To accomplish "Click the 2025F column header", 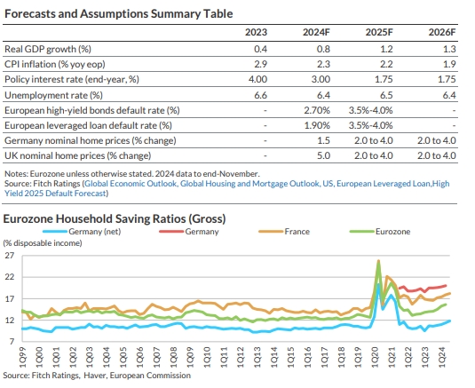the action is [379, 32].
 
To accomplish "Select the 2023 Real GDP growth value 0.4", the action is [260, 49].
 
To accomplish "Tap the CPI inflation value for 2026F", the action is [449, 64].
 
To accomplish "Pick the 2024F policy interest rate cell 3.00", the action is [321, 79].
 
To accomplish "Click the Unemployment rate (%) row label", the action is [53, 95].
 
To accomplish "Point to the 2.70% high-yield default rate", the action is [317, 110].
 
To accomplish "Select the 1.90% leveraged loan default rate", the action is [317, 125].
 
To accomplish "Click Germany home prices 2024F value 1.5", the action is [323, 140].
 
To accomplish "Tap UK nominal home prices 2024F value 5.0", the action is [323, 155].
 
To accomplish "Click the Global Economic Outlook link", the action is [131, 184].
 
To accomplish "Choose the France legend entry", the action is [284, 232].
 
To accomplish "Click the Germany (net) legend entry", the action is [82, 232].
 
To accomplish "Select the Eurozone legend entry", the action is [380, 232].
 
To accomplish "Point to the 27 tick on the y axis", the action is [10, 256].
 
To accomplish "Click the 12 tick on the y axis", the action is [10, 321].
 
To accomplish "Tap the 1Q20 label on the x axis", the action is [375, 357].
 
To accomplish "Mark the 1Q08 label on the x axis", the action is [173, 357].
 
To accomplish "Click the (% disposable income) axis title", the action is [43, 243].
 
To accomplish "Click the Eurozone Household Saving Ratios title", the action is [115, 218].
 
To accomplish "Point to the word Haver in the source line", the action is [94, 376].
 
